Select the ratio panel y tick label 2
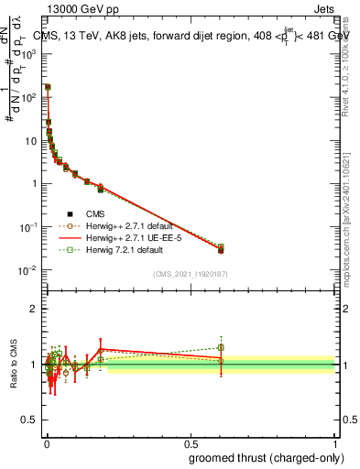(x=35, y=310)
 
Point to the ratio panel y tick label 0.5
(x=31, y=422)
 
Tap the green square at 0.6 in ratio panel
(x=221, y=347)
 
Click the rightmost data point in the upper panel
(x=221, y=249)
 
